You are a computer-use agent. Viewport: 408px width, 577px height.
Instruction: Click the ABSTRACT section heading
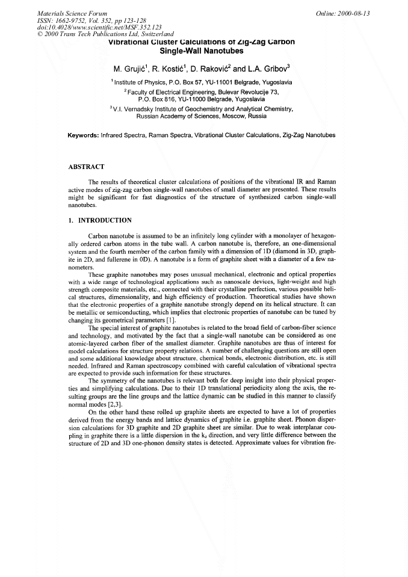coord(87,167)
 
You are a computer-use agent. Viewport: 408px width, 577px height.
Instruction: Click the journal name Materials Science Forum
coord(72,13)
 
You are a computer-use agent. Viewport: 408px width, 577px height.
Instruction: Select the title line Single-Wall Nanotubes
coord(203,51)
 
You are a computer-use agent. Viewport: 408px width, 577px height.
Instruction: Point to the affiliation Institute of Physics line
coord(203,81)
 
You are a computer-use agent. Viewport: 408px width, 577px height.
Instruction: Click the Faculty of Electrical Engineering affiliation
coord(203,91)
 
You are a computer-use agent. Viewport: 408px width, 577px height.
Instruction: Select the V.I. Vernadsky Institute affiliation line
coord(203,109)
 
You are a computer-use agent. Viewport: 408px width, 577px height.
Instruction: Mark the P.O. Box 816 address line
coord(203,97)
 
